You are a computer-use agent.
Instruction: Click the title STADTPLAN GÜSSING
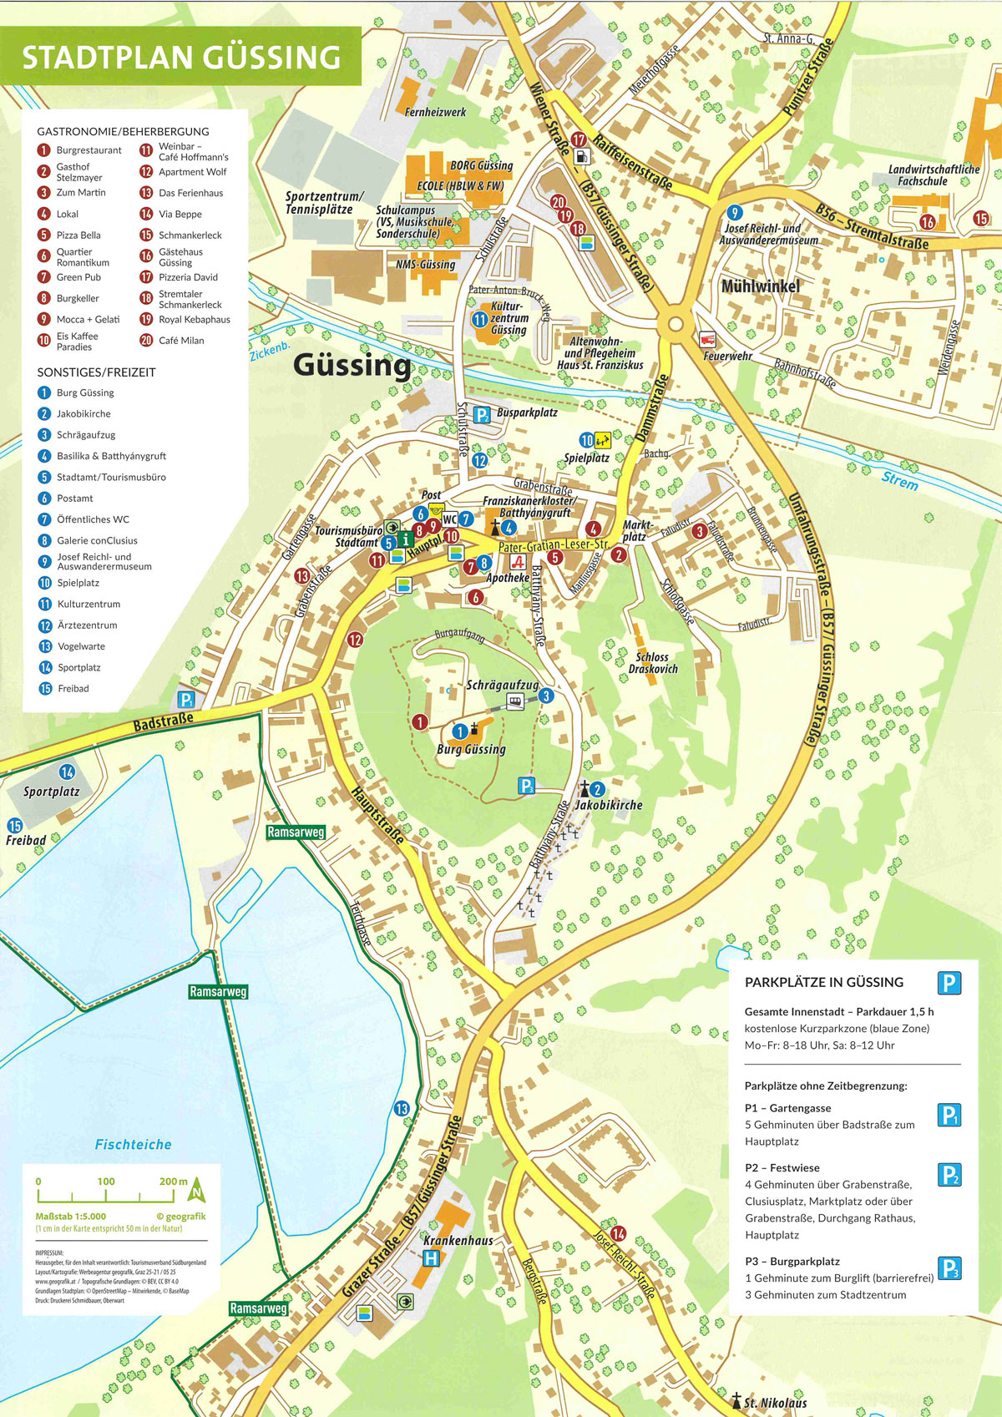(x=181, y=57)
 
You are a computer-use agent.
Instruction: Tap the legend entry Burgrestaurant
(x=89, y=150)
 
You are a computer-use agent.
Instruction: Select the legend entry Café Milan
(x=180, y=341)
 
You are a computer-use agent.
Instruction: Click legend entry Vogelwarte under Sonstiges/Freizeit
(x=81, y=646)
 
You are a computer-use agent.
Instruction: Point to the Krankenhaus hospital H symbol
(x=431, y=1258)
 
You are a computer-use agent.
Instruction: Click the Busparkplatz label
(x=526, y=412)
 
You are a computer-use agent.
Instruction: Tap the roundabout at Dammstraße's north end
(x=676, y=325)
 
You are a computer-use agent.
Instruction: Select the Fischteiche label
(x=133, y=1145)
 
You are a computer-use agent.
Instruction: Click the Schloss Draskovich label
(x=653, y=663)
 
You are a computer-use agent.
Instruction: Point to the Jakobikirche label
(x=609, y=805)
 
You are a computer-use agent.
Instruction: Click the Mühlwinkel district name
(x=760, y=286)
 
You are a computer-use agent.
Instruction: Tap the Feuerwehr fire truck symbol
(x=708, y=340)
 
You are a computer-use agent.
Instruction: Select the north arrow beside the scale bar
(x=197, y=1189)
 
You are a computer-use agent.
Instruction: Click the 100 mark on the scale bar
(x=106, y=1182)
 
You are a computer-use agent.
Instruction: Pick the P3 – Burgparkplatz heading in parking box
(x=792, y=1262)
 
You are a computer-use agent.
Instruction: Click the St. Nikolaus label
(x=775, y=1403)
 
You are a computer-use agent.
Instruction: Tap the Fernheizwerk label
(x=435, y=112)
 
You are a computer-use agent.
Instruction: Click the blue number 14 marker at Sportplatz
(x=68, y=772)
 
